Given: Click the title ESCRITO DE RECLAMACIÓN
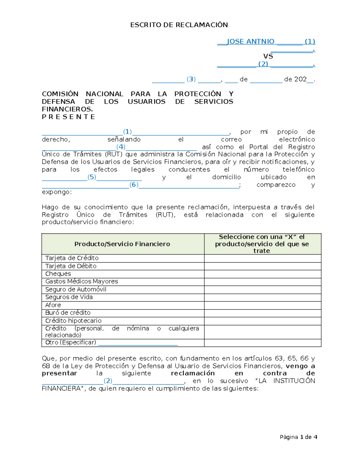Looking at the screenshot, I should tap(179, 25).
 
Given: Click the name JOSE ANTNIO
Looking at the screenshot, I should tap(250, 41).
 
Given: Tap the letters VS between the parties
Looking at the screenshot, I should tap(268, 56).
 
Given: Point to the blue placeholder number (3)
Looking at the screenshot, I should tap(191, 79).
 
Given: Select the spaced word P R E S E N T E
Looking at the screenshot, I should tap(68, 117).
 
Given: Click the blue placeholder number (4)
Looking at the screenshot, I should tap(121, 147).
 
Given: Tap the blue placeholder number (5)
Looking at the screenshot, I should tap(92, 177).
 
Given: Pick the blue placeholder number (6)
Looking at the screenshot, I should tap(134, 185).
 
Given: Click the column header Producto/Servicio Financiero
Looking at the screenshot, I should tap(122, 244).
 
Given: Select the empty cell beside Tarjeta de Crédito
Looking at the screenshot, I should tap(262, 258).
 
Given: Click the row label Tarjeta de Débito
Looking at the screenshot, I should tap(71, 266).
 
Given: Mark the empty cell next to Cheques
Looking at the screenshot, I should tap(262, 274).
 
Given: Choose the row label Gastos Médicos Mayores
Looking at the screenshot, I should tap(82, 281).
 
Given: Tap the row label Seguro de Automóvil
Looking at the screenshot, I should tap(76, 289).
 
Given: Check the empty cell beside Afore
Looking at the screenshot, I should tap(262, 305).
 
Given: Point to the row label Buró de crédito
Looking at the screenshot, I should tap(68, 313).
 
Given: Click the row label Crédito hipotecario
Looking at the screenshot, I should tap(73, 321).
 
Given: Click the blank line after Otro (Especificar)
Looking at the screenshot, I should tap(138, 343).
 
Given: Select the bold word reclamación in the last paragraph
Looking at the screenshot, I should tap(193, 373).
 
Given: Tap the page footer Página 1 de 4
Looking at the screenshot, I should tap(298, 437).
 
